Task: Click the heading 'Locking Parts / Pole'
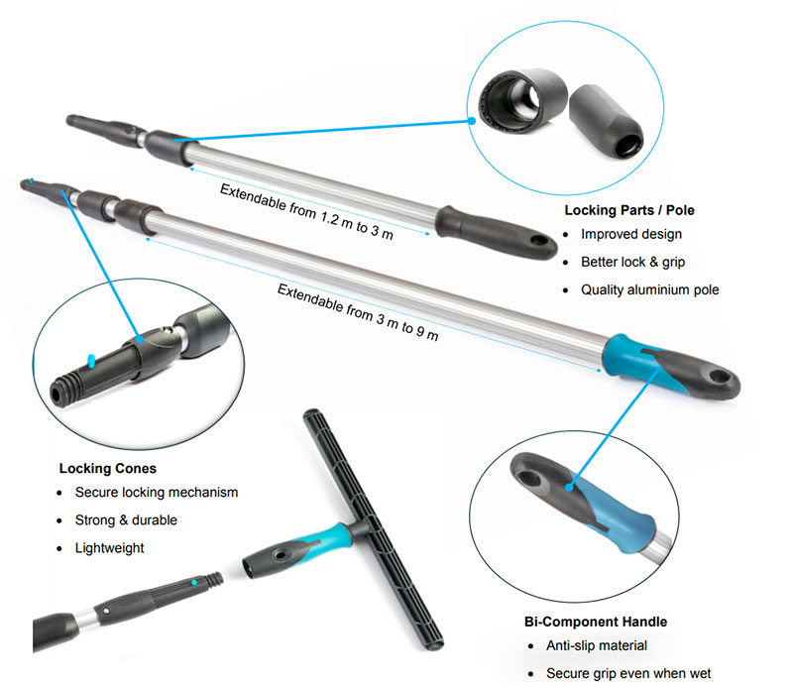tap(628, 210)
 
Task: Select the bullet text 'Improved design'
tap(632, 235)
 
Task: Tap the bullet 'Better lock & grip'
tap(632, 263)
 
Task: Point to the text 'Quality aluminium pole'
tap(649, 290)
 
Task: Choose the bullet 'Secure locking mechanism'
tap(157, 492)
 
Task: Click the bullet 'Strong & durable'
tap(126, 519)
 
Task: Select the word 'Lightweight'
tap(110, 547)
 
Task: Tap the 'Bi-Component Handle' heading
tap(595, 622)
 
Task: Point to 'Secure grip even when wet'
tap(628, 673)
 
